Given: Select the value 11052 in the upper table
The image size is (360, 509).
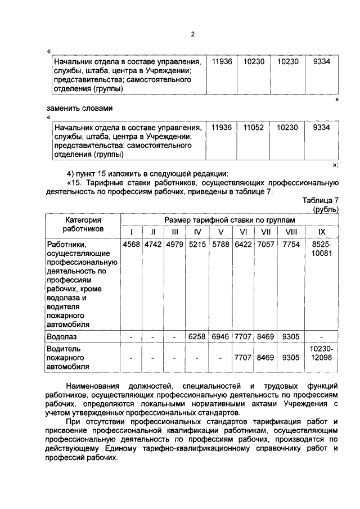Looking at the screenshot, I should click(254, 128).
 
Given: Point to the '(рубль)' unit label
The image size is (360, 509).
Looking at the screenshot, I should click(326, 209).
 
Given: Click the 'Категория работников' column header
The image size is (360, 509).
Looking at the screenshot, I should click(82, 225).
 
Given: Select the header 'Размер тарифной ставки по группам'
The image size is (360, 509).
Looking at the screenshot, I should click(229, 220).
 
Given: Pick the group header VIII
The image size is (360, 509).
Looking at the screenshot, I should click(291, 232).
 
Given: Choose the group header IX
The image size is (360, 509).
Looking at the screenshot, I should click(322, 232).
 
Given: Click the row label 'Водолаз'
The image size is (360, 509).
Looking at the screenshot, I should click(62, 336).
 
